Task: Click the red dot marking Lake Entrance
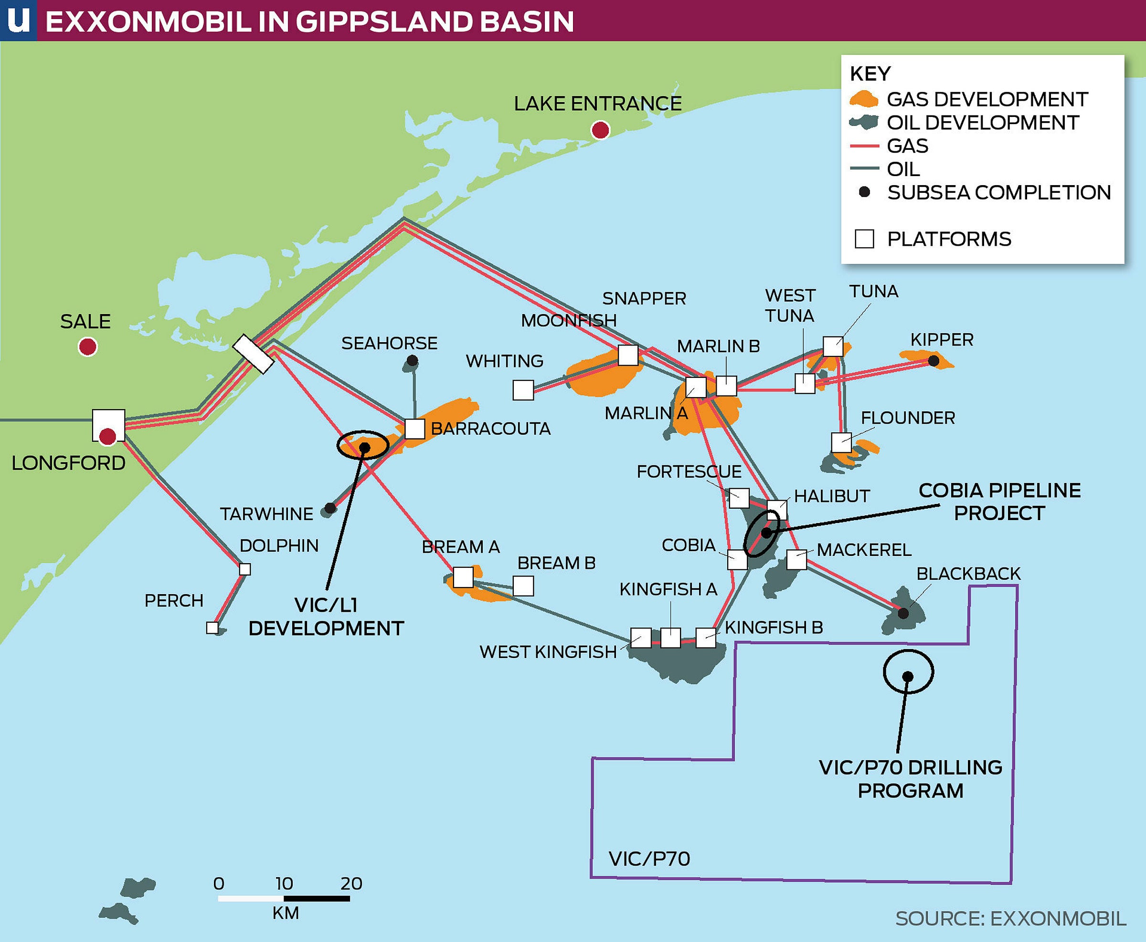[x=600, y=130]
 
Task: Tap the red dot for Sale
[x=87, y=346]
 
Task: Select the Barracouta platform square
[x=414, y=429]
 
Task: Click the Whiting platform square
[x=523, y=389]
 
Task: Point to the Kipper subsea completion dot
[x=933, y=360]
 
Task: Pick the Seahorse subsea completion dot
[x=412, y=360]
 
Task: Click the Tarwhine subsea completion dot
[x=329, y=508]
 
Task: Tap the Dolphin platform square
[x=245, y=569]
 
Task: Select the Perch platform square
[x=212, y=628]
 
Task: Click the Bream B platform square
[x=523, y=586]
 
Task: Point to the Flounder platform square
[x=841, y=442]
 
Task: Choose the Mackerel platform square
[x=796, y=559]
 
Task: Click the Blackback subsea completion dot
[x=903, y=613]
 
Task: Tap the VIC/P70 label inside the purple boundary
[x=649, y=859]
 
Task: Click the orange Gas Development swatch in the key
[x=863, y=99]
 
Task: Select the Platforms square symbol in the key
[x=864, y=239]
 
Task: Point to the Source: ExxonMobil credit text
[x=1010, y=919]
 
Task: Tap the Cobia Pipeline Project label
[x=999, y=502]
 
